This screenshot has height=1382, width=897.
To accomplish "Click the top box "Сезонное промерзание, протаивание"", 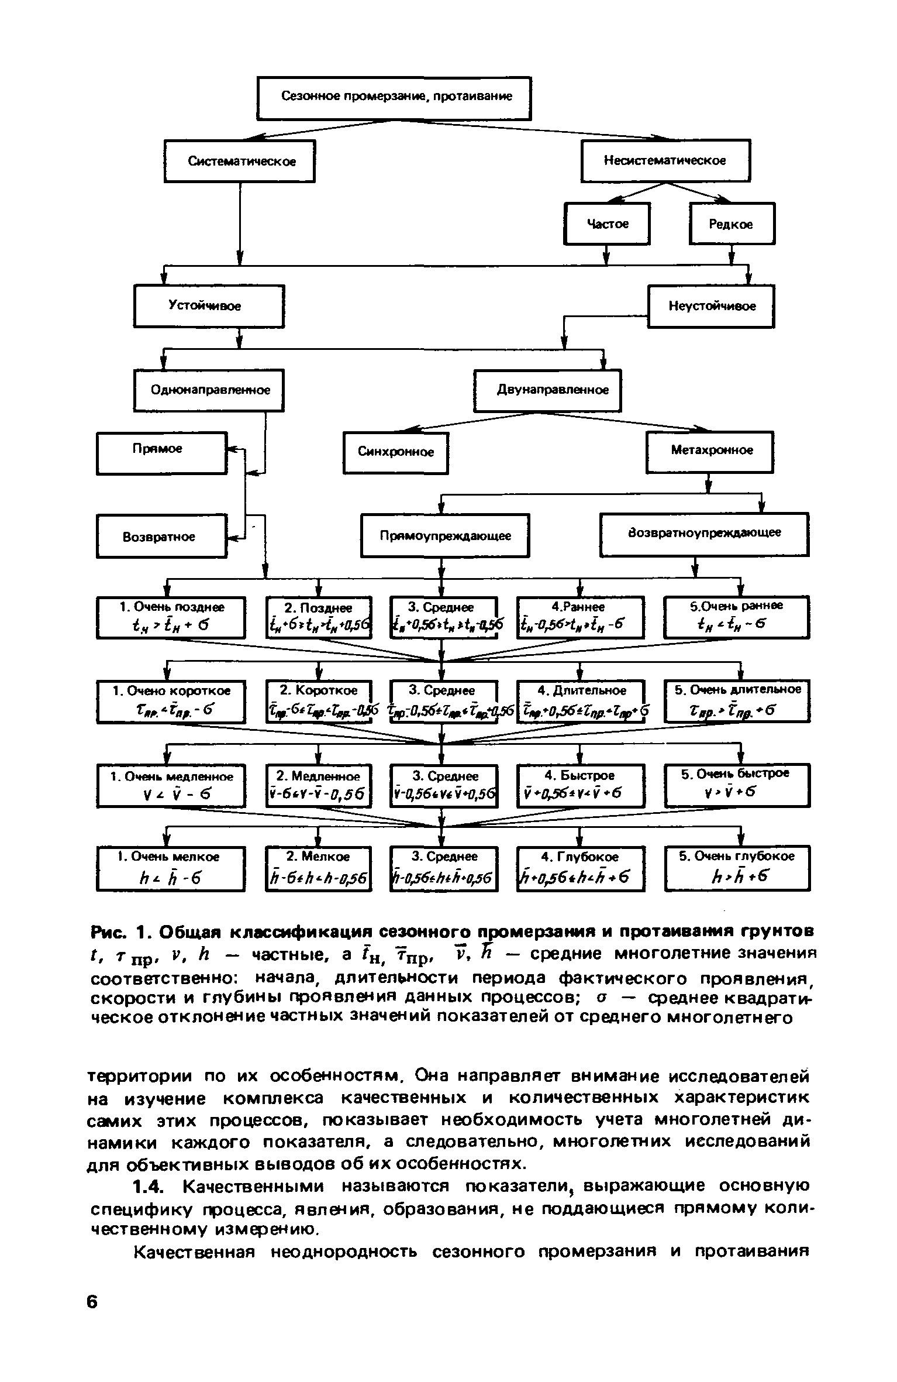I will click(395, 98).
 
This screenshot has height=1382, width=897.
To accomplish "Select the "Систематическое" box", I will click(240, 161).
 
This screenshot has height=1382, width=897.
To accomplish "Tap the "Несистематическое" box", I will click(665, 160).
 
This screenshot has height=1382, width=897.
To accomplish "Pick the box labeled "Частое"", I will click(607, 224).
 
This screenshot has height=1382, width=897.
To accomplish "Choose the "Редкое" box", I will click(732, 224).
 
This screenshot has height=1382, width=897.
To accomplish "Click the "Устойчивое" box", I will click(209, 305).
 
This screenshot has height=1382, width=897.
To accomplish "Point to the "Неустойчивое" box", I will click(711, 306).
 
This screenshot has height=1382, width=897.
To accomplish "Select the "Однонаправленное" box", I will click(209, 390).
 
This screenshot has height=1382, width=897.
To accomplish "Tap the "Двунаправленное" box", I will click(547, 390).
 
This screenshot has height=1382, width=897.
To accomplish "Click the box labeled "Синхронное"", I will click(395, 452).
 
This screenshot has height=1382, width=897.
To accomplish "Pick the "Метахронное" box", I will click(709, 451).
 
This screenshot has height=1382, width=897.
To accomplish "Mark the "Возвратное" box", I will click(161, 536).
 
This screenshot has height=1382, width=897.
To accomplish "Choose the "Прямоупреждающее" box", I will click(445, 535).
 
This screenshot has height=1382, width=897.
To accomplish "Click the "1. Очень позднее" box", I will click(171, 617).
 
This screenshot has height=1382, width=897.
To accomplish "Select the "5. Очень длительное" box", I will click(737, 700).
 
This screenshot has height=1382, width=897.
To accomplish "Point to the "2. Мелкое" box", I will click(318, 868).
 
